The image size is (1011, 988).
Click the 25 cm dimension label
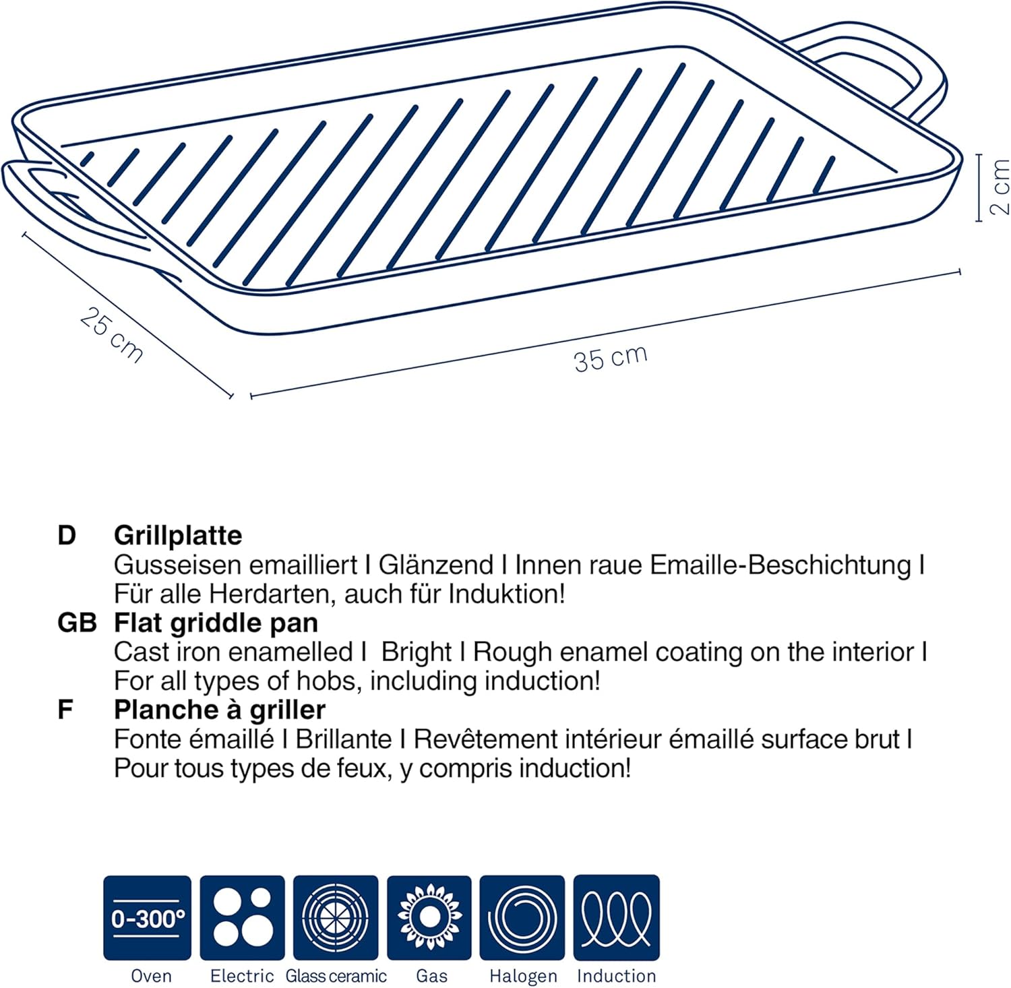pos(112,334)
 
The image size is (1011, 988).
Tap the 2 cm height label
pos(1000,187)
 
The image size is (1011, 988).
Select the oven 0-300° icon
pos(148,917)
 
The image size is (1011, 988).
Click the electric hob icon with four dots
pos(242,917)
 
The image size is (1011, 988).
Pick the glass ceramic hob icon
pos(336,917)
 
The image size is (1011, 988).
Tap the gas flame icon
pos(429,917)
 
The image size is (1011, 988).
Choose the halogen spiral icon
pos(522,917)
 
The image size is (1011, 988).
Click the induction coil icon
pos(616,917)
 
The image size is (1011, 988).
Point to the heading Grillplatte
pos(178,536)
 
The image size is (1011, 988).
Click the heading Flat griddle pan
pos(216,623)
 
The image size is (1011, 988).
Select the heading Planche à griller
pos(220,710)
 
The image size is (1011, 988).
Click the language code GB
pos(77,623)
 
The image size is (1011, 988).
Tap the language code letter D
pos(67,536)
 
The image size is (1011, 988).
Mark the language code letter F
pos(65,710)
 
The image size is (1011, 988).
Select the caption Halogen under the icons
pos(523,976)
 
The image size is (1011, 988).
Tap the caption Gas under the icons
pos(431,976)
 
